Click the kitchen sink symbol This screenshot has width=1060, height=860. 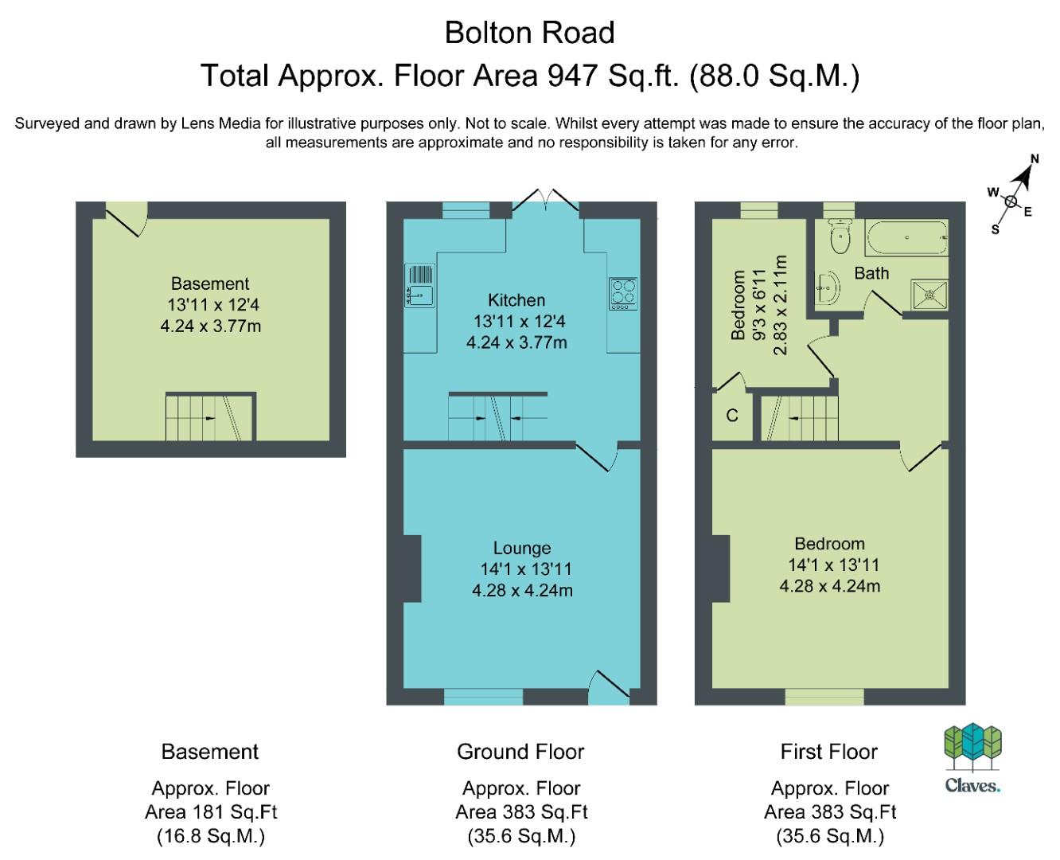pos(419,285)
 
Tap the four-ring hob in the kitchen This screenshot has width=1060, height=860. pos(623,294)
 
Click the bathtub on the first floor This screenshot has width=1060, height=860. pos(906,237)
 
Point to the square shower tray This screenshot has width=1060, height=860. pos(929,295)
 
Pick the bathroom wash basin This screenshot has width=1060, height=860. pos(827,287)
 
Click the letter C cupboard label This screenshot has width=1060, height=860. pos(732,416)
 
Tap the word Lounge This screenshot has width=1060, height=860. pos(522,548)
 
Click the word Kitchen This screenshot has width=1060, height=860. pos(516,299)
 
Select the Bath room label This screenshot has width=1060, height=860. pos(871,273)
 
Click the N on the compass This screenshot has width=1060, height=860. pos(1035,158)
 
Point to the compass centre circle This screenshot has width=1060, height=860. pos(1011,201)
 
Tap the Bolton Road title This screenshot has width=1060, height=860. pos(529,33)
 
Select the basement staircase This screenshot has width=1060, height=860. pos(211,416)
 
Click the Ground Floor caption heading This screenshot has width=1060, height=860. pos(520,752)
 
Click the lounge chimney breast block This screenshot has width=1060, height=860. pos(412,569)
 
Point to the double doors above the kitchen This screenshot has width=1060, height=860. pos(546,202)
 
